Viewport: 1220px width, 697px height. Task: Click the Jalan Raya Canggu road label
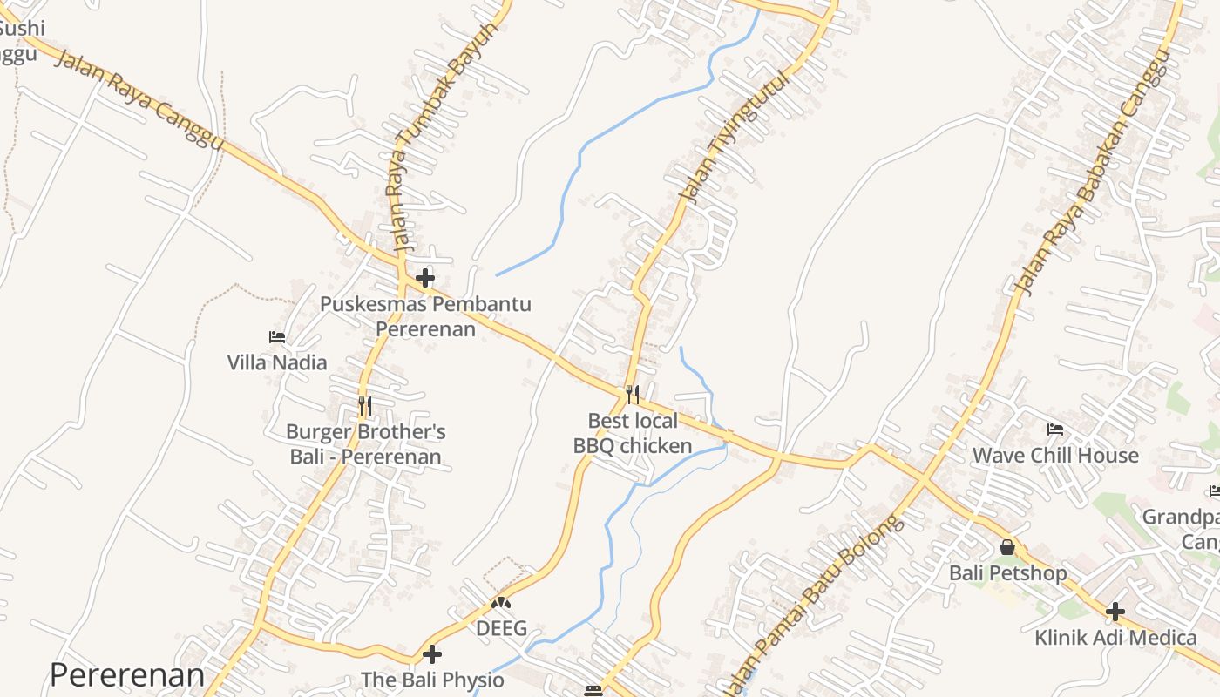(x=139, y=99)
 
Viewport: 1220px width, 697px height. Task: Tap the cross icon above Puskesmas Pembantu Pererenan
(x=425, y=278)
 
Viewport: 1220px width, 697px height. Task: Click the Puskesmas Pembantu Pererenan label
(x=425, y=316)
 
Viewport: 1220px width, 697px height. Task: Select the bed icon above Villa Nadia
(x=277, y=337)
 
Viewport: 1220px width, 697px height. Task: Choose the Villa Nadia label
(x=277, y=362)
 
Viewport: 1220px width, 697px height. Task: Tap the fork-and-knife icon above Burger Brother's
(x=365, y=405)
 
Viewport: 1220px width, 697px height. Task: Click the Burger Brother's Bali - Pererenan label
(x=366, y=444)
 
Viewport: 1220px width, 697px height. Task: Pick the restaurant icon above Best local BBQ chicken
(x=633, y=395)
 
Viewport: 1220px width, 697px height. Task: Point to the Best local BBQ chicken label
(x=633, y=434)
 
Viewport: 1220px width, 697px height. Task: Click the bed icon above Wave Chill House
(x=1055, y=430)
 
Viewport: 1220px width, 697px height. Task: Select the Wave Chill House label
(x=1055, y=456)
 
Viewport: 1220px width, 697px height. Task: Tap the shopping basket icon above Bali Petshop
(x=1007, y=547)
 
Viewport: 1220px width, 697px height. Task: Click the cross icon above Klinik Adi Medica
(x=1115, y=612)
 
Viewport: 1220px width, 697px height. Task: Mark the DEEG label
(x=501, y=628)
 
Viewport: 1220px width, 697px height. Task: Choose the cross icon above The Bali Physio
(x=432, y=654)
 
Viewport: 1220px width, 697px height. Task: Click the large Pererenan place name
(x=127, y=675)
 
